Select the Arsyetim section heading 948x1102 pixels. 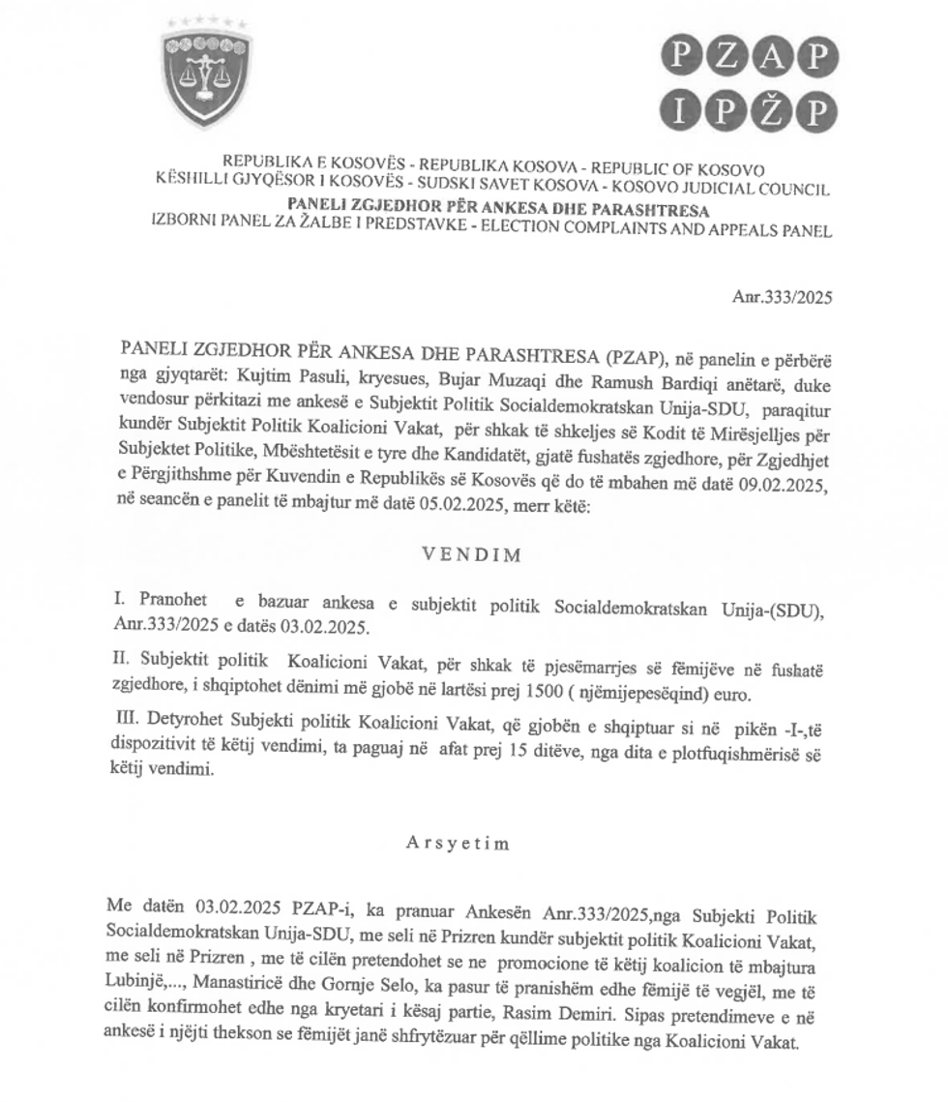(x=457, y=842)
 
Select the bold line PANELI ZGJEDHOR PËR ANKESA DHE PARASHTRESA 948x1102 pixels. (x=498, y=209)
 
